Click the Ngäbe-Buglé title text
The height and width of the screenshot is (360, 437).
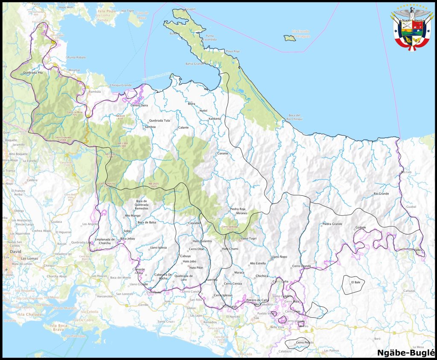[406, 352]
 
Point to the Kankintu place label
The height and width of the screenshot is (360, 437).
[215, 119]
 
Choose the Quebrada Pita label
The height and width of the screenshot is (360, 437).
[34, 73]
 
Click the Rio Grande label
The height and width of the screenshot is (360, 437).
[381, 194]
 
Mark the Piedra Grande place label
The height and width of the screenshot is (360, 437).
[332, 224]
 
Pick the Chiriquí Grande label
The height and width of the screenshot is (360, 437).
[121, 85]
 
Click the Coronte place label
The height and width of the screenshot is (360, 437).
[223, 153]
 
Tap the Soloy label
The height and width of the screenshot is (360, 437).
[127, 231]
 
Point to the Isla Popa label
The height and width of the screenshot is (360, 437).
[106, 11]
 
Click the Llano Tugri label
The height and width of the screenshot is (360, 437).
[248, 238]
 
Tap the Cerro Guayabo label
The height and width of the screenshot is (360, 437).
[63, 138]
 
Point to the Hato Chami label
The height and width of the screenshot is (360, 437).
[230, 249]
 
